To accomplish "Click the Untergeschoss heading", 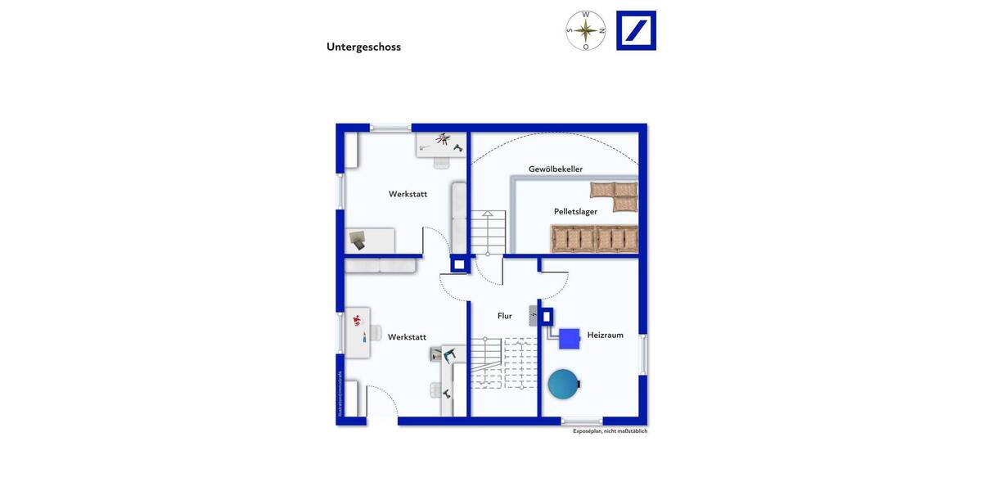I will tap(363, 47).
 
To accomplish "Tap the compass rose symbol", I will tap(586, 31).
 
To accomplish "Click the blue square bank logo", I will tap(636, 31).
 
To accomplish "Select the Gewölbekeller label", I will tap(556, 169).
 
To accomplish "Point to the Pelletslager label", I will tap(575, 211).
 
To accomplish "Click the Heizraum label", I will tap(605, 335).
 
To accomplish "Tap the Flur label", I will tap(505, 316).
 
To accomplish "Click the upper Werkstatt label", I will tap(408, 194).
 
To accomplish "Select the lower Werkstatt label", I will tap(407, 337).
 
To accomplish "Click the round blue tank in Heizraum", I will tap(563, 384).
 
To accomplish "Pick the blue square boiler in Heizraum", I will tap(570, 338).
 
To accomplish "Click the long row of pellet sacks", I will tap(594, 239).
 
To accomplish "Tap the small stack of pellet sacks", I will tap(615, 196).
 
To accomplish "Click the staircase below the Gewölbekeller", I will tap(488, 232).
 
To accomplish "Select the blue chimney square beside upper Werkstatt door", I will tap(459, 264).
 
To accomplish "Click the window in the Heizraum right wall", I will tap(643, 354).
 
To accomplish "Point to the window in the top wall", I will tap(390, 128).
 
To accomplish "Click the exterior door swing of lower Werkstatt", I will tap(382, 403).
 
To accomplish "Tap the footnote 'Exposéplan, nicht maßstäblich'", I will tap(610, 431).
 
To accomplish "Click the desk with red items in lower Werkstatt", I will tap(358, 331).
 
